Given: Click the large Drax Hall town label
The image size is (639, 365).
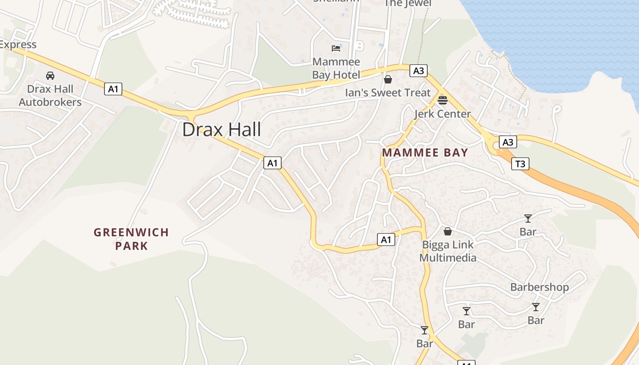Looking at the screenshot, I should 222,130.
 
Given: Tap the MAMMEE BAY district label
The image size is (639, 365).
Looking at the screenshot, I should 425,153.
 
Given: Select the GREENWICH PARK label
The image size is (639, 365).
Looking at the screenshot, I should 131,239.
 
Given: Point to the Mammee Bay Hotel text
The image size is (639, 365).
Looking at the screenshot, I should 336,68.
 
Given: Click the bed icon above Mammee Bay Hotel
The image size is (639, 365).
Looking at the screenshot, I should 336,48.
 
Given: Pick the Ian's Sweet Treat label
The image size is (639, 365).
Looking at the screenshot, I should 388,93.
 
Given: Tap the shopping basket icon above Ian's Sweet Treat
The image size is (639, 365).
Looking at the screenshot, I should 388,80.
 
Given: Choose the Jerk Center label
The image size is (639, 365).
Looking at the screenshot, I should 442,114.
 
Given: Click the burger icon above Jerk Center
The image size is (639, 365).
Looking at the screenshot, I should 442,100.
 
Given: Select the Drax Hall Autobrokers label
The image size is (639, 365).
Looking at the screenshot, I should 50,95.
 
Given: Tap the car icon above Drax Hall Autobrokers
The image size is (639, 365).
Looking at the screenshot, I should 50,76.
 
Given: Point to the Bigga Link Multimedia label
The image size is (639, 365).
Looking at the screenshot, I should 448,251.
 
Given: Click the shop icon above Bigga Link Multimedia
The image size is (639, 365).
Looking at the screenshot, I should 448,231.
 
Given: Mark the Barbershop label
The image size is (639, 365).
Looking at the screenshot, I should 539,287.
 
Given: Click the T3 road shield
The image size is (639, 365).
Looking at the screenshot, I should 520,164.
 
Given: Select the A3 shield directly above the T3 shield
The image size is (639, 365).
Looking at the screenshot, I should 508,142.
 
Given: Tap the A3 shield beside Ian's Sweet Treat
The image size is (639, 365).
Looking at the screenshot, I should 419,71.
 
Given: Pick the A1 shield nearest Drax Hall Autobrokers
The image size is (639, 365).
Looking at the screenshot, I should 113,89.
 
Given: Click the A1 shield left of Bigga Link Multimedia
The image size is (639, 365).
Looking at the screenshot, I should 386,239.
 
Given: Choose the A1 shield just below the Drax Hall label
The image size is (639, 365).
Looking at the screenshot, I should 272,163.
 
